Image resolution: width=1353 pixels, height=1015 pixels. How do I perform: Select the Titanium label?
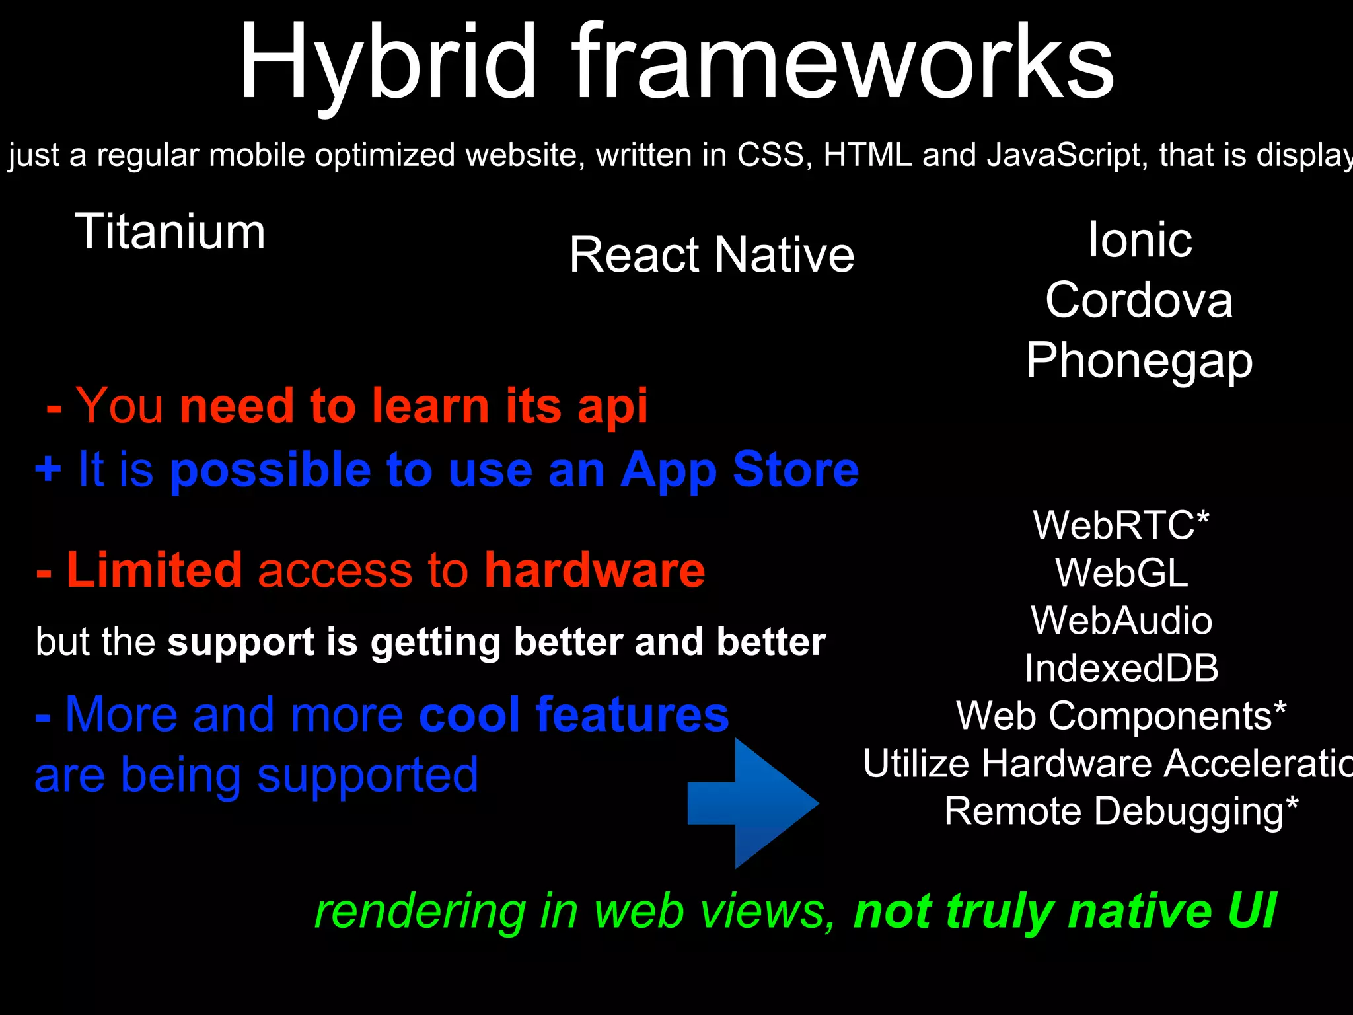[x=170, y=231]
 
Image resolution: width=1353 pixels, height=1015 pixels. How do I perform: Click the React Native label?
[x=712, y=254]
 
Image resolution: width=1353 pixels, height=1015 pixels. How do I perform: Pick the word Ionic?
[x=1140, y=239]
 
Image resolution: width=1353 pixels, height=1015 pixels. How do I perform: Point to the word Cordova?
[x=1139, y=300]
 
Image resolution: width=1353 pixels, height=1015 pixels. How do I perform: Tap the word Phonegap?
[x=1139, y=361]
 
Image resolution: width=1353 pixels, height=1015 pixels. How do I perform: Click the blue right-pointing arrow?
[x=753, y=803]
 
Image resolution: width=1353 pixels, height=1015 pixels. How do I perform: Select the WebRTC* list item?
[x=1120, y=525]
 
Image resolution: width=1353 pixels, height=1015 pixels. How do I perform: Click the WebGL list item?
[x=1121, y=573]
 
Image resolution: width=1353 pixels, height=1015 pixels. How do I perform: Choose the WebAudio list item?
[x=1121, y=620]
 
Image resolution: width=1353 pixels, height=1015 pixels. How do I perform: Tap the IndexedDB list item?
[x=1121, y=668]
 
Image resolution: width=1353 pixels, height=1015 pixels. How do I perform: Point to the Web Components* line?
[x=1121, y=716]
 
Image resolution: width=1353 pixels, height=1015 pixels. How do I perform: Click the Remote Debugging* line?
[x=1121, y=811]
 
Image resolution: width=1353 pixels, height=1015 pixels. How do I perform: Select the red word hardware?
[x=595, y=570]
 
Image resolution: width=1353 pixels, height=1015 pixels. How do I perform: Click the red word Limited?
[x=155, y=570]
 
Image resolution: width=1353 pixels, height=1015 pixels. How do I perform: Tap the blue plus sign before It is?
[x=48, y=469]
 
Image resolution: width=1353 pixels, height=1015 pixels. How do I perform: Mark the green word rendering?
[x=420, y=911]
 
